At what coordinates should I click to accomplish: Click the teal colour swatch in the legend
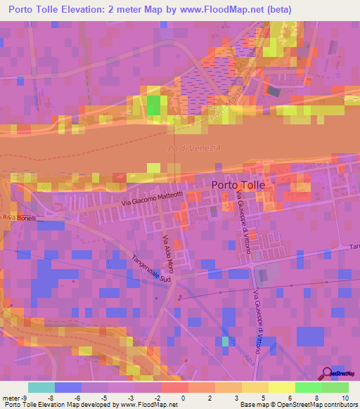(x=41, y=387)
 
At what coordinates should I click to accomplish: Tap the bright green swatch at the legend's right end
(x=335, y=387)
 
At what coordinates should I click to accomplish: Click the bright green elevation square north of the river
(x=153, y=104)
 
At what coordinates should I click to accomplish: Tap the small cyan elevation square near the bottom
(x=225, y=341)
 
